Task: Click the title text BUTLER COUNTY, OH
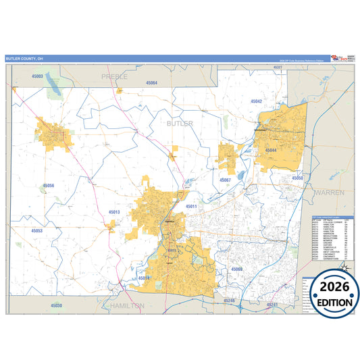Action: pyautogui.click(x=24, y=59)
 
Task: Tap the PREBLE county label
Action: pyautogui.click(x=114, y=76)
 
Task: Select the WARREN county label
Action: pyautogui.click(x=329, y=192)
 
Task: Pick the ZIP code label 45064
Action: pyautogui.click(x=152, y=82)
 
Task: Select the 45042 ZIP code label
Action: pyautogui.click(x=256, y=101)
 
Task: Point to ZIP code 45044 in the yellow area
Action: pyautogui.click(x=271, y=150)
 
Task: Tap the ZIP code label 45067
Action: pyautogui.click(x=225, y=180)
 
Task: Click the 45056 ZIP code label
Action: pyautogui.click(x=49, y=185)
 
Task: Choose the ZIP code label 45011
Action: pyautogui.click(x=191, y=206)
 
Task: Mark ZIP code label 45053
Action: pyautogui.click(x=36, y=230)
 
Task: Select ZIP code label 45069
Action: pyautogui.click(x=236, y=269)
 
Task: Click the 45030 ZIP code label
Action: pyautogui.click(x=56, y=306)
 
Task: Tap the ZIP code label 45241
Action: pyautogui.click(x=272, y=305)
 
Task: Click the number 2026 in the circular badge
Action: pyautogui.click(x=331, y=287)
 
